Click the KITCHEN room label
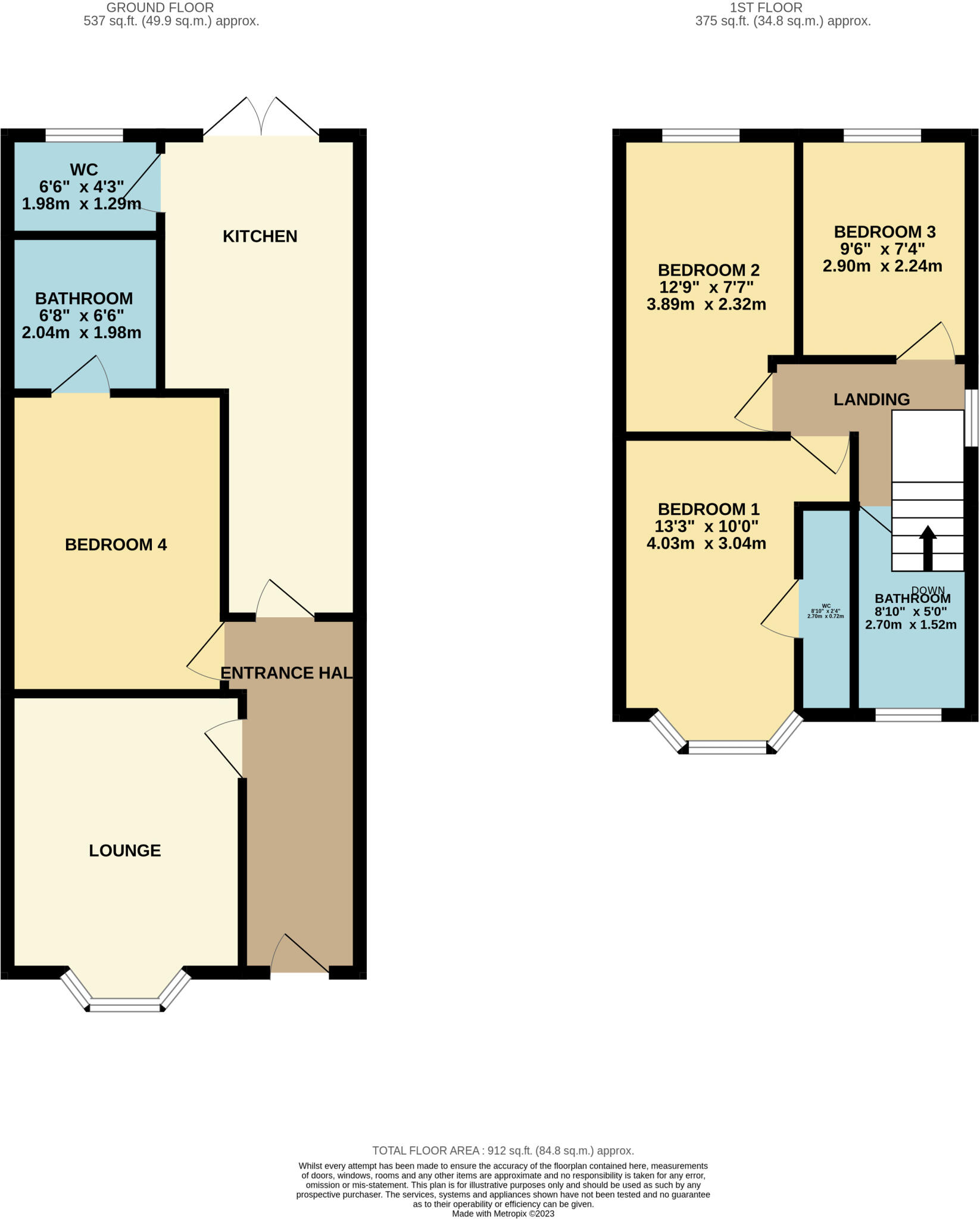[260, 236]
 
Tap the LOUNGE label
[125, 851]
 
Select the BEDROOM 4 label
[116, 545]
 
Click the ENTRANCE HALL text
[286, 673]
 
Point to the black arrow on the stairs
[928, 548]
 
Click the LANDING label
[871, 399]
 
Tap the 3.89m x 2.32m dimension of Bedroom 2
[706, 305]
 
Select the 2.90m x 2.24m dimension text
[882, 266]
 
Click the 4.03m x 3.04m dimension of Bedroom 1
[706, 543]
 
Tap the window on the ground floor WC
[84, 136]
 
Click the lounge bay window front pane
[125, 1008]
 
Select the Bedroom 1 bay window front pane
[727, 748]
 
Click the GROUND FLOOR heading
[160, 8]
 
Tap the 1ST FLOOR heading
[766, 8]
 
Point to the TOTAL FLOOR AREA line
[503, 1151]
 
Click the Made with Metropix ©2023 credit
[503, 1214]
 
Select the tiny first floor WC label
[825, 611]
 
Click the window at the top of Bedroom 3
[882, 136]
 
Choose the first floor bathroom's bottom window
[908, 715]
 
